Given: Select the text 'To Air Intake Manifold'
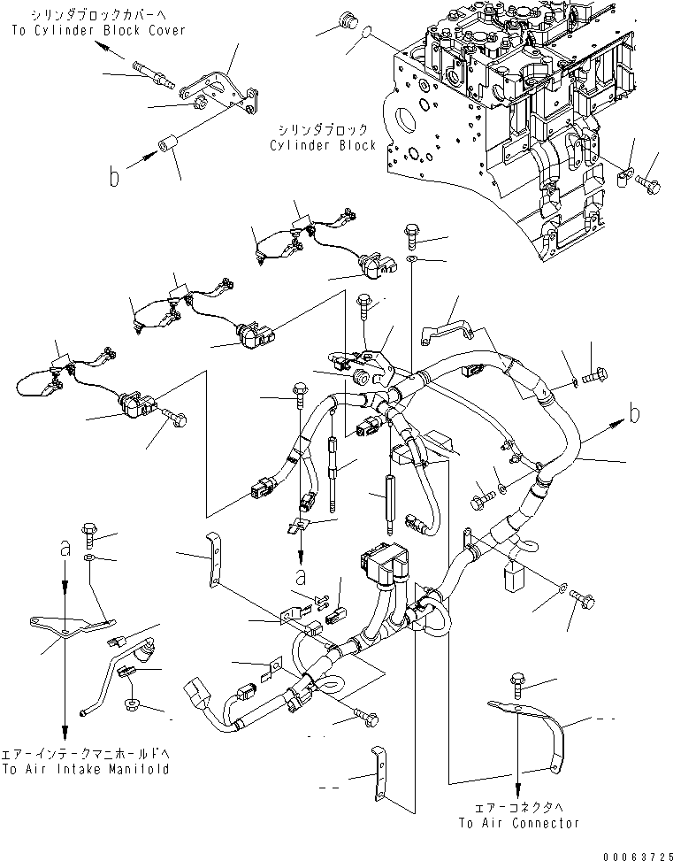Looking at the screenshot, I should (85, 768).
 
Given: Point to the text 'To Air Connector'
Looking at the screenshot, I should (518, 822).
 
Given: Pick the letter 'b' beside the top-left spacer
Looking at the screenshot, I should (114, 178).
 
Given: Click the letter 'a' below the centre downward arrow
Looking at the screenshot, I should (301, 577).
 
